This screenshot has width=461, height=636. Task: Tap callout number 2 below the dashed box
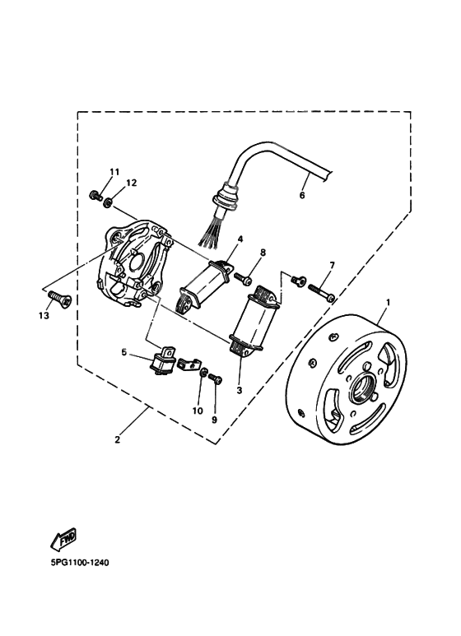click(x=118, y=440)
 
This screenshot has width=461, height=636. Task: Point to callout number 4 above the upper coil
click(x=240, y=239)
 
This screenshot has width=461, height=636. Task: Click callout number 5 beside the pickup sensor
click(x=124, y=352)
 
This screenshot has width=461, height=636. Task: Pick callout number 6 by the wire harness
click(x=301, y=196)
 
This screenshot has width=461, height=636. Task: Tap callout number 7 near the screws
click(x=332, y=265)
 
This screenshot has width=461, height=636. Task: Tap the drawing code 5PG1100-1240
click(x=74, y=564)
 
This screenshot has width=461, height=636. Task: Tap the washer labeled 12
click(x=108, y=201)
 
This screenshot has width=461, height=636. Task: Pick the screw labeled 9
click(x=217, y=378)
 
